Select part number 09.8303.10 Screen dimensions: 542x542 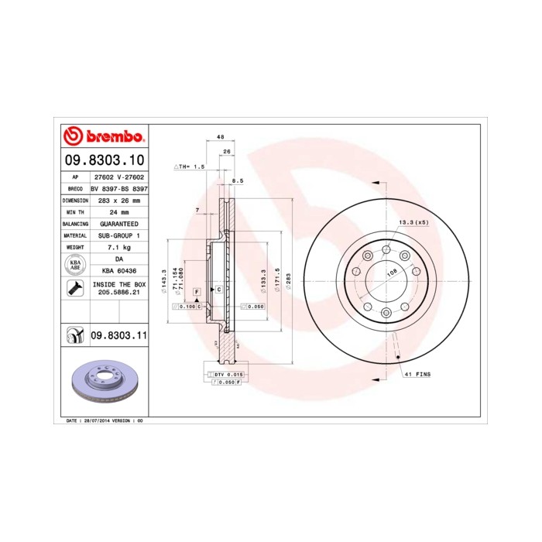103,160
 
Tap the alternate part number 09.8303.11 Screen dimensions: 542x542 118,335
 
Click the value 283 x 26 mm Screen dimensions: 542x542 119,200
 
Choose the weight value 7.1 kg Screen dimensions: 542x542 119,247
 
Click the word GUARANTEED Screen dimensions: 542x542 119,224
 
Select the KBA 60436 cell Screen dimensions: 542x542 119,270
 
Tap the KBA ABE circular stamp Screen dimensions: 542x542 75,264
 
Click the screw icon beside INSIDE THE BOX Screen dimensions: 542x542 75,289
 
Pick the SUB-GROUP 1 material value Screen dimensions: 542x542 119,235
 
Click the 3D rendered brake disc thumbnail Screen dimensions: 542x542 103,382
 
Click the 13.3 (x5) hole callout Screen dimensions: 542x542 413,223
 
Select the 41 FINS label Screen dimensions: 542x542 418,374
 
